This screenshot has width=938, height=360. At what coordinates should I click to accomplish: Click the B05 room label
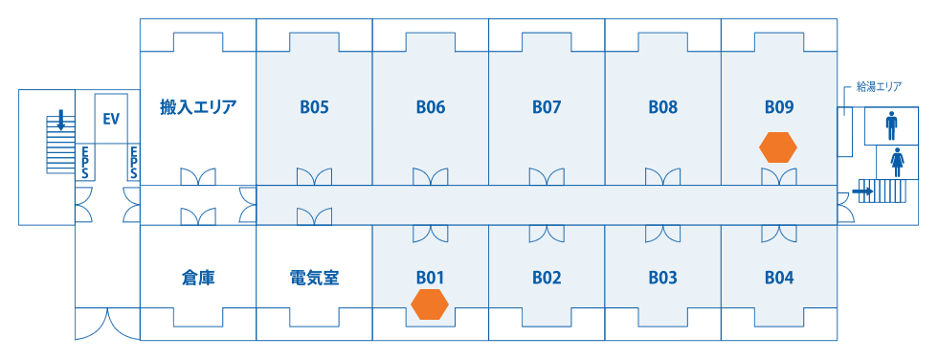coord(314,107)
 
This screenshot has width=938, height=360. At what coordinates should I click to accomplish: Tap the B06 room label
coord(431,107)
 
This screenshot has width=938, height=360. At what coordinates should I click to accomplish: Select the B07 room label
coord(547,107)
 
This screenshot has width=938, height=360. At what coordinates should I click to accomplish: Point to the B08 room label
coord(662,107)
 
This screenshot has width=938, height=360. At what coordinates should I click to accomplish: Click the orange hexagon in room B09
coord(778,146)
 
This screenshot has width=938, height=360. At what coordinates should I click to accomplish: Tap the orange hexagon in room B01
coord(430,304)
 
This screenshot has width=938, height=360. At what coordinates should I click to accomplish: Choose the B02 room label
coord(547,278)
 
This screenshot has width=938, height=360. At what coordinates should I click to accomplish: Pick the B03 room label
coord(662,278)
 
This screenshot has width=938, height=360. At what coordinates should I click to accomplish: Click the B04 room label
coord(779,278)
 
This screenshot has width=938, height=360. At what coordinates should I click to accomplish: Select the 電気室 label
coord(314,278)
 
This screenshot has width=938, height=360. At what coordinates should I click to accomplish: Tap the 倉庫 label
coord(198,278)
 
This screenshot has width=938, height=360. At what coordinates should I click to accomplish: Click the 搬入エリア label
coord(198,107)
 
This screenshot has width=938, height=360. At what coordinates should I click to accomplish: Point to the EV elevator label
coord(111,119)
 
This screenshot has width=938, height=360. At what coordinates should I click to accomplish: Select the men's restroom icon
coord(892,124)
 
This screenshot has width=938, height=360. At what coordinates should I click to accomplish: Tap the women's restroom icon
coord(897,161)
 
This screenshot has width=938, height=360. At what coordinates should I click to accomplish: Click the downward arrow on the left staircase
coord(60,120)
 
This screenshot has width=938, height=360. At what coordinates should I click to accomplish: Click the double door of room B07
coord(547,177)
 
